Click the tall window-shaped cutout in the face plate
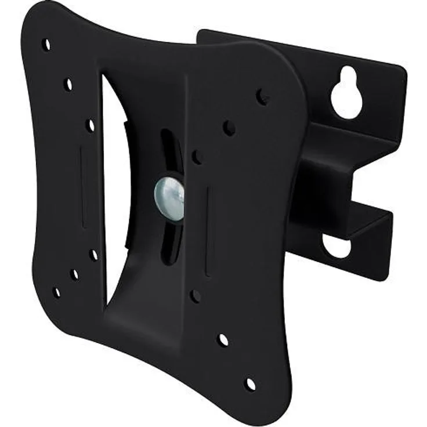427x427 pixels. click(x=115, y=186)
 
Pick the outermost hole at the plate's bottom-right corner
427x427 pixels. click(x=250, y=384)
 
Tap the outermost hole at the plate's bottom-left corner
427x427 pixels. click(x=56, y=292)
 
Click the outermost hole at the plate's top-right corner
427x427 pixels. click(x=262, y=95)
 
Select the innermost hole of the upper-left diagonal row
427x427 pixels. click(x=90, y=125)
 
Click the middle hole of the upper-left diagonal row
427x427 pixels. click(x=68, y=85)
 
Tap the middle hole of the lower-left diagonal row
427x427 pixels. click(x=74, y=274)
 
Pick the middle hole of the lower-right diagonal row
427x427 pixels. click(x=223, y=340)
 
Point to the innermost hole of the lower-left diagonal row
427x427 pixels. click(x=93, y=255)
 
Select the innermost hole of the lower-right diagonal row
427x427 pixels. click(x=196, y=296)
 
